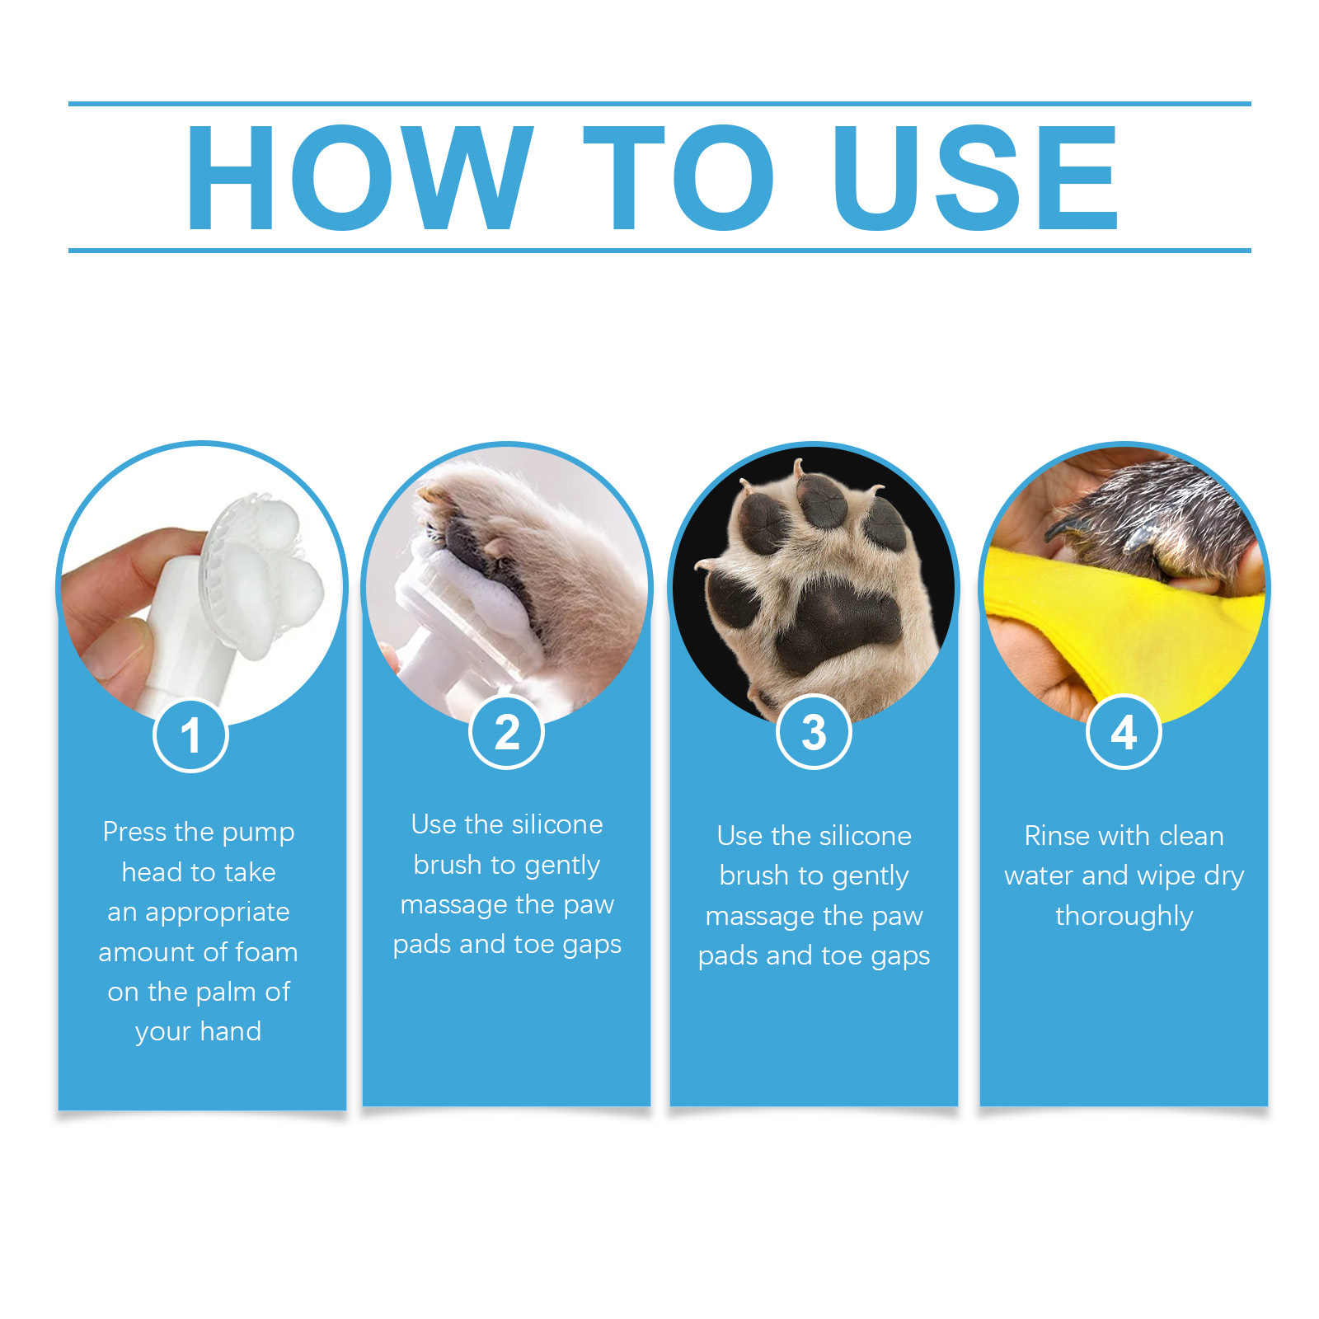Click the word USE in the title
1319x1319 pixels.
(974, 177)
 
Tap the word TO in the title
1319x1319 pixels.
(678, 177)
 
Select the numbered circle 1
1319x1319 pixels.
(190, 735)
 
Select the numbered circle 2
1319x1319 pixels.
(506, 732)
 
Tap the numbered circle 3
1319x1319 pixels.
(814, 732)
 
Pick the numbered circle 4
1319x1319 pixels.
(1124, 732)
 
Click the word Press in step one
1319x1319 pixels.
(134, 832)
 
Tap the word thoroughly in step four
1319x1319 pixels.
(1124, 916)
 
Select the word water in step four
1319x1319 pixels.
(1040, 875)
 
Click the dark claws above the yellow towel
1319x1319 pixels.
(1072, 528)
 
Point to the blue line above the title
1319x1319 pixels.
(659, 104)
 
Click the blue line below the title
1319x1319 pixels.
(659, 250)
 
